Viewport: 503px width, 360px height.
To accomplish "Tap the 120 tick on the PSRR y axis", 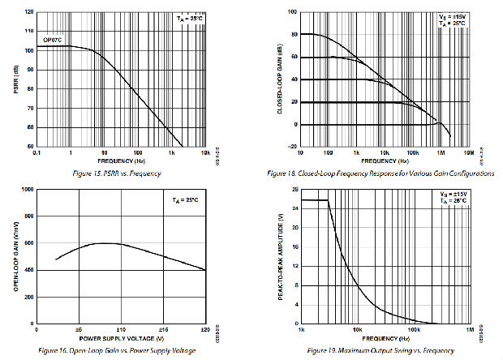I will click(29, 13).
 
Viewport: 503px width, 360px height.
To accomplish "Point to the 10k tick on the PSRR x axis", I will click(206, 152).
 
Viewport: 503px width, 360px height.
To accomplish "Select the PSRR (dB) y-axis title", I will click(15, 79).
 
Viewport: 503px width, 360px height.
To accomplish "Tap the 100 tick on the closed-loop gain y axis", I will click(292, 13).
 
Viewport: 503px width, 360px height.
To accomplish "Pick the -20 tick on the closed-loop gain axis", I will click(292, 147).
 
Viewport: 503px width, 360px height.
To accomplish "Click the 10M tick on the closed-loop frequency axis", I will click(468, 152).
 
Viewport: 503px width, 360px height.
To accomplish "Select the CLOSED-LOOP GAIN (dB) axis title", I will click(281, 79).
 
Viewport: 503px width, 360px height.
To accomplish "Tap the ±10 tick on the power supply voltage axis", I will click(119, 329).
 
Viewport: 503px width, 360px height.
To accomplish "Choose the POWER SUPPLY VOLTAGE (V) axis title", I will click(121, 337).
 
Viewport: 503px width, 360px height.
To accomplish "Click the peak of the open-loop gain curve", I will click(105, 243).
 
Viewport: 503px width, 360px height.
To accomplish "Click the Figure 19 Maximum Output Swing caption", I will click(386, 349).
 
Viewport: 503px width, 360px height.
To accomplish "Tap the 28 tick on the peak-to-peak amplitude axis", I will click(294, 189).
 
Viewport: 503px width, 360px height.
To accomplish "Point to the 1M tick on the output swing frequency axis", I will click(468, 329).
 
